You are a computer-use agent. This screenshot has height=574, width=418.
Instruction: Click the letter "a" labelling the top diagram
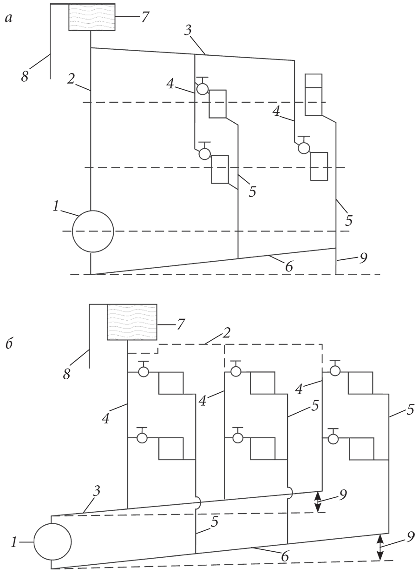pos(9,19)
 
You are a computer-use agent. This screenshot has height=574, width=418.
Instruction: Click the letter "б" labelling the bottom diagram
pos(9,343)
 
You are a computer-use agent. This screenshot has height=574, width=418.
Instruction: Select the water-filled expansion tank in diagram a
pos(91,17)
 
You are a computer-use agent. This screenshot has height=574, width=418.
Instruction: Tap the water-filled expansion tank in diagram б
pos(131,322)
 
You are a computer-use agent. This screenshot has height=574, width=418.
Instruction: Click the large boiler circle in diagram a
pos(93,231)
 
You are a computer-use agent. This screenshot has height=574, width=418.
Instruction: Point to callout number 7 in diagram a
pos(144,17)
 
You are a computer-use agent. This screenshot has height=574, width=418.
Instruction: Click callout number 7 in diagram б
pos(180,324)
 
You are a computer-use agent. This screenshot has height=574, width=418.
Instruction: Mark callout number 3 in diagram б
pos(96,491)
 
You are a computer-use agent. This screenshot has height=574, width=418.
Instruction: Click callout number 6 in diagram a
pos(289,266)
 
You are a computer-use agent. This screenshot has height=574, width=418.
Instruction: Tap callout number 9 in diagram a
pos(363,258)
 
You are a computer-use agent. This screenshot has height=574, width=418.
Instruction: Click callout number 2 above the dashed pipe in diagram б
pos(227,332)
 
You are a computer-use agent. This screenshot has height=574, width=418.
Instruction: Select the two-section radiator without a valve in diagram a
pos(313,94)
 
